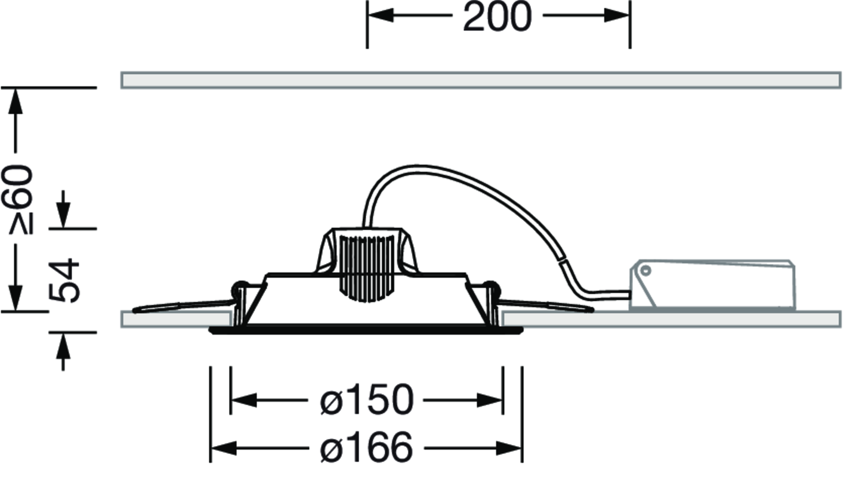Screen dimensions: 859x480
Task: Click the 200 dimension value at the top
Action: (x=498, y=17)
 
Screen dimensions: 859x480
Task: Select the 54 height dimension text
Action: (x=64, y=281)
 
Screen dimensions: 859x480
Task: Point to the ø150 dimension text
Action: (x=367, y=400)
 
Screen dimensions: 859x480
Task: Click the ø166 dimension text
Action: (x=366, y=447)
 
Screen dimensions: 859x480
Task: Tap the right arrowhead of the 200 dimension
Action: (x=617, y=16)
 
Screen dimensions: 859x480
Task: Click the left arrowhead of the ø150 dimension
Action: (x=244, y=400)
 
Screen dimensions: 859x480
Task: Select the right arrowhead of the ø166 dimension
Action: (x=508, y=448)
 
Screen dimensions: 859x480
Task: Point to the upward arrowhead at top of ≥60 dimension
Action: (x=16, y=101)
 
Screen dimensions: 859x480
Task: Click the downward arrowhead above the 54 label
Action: (x=63, y=215)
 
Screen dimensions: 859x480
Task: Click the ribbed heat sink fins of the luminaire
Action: (x=367, y=268)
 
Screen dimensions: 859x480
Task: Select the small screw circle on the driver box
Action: (x=646, y=271)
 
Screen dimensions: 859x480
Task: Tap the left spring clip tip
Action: (x=135, y=310)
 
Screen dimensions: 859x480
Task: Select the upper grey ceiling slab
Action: (x=481, y=80)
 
